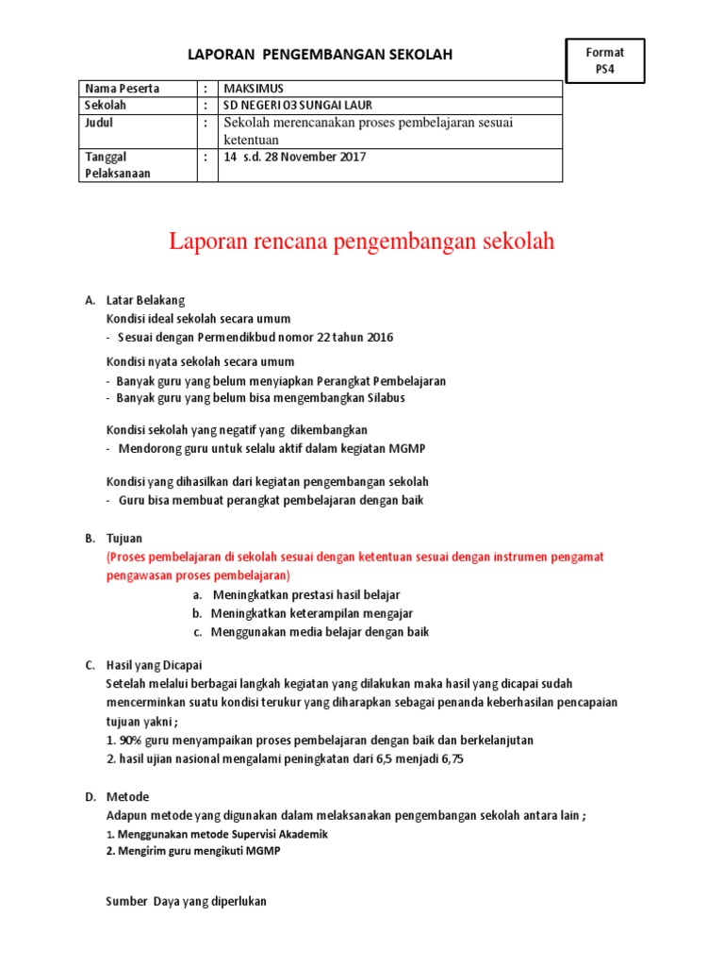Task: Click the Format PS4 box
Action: [604, 60]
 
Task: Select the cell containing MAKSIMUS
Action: [253, 89]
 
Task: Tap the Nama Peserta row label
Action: [123, 89]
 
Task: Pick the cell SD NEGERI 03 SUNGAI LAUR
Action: [291, 106]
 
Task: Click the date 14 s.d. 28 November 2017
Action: [294, 158]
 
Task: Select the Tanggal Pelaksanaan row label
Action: [119, 165]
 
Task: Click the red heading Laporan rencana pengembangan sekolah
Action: [362, 241]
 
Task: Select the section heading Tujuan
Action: [123, 539]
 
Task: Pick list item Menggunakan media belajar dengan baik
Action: [320, 632]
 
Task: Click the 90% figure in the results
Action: [129, 741]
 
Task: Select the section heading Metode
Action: [127, 797]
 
